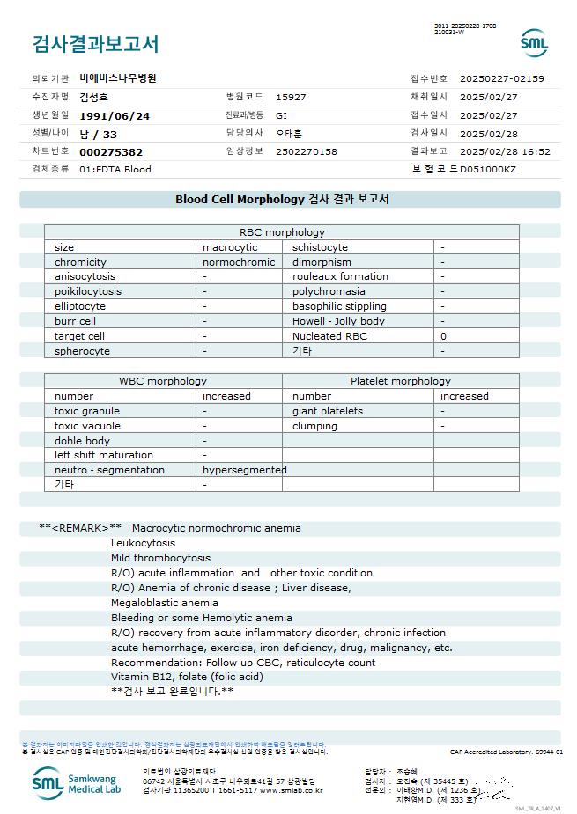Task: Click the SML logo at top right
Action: click(x=534, y=42)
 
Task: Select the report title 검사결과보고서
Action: click(x=96, y=43)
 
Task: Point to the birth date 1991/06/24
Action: click(x=115, y=115)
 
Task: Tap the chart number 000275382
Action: click(x=111, y=151)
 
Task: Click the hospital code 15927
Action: click(x=291, y=97)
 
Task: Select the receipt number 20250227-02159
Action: click(x=502, y=78)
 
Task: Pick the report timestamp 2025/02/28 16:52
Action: click(x=505, y=151)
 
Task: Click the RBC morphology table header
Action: click(x=282, y=232)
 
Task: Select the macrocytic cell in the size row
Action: click(x=230, y=247)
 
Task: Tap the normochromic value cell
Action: click(x=239, y=262)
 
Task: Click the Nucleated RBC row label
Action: click(x=329, y=336)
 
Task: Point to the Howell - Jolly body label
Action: click(x=338, y=321)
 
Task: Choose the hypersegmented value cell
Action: click(x=244, y=470)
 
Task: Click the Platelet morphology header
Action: click(x=400, y=381)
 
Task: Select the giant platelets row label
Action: click(x=328, y=411)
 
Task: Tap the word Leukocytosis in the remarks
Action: click(x=143, y=543)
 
